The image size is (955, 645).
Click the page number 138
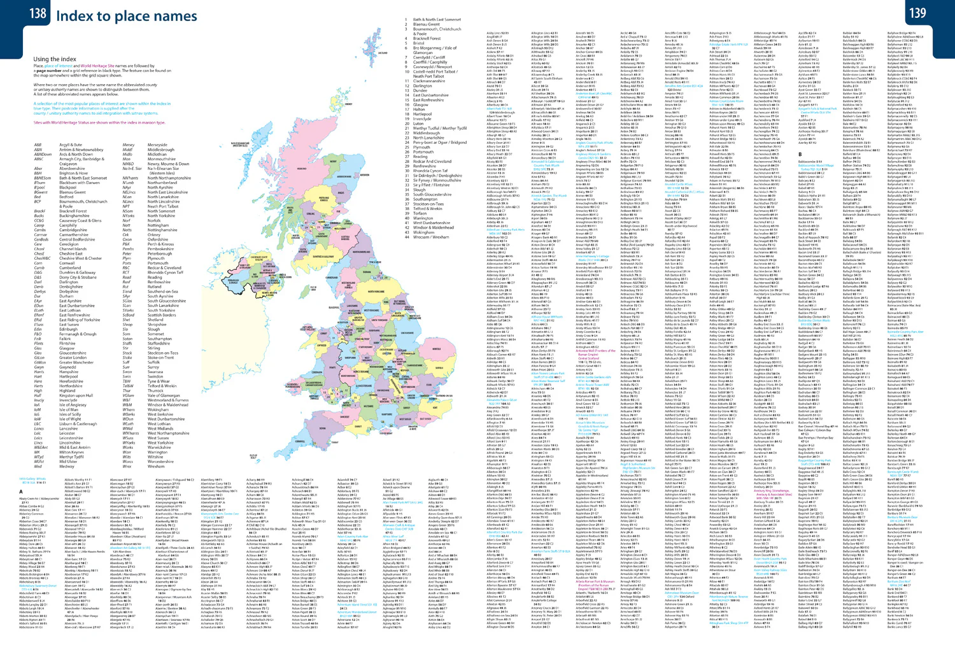pyautogui.click(x=38, y=13)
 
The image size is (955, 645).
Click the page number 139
pyautogui.click(x=917, y=13)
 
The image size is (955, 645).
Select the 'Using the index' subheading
pyautogui.click(x=55, y=59)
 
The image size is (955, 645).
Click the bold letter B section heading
pyautogui.click(x=800, y=154)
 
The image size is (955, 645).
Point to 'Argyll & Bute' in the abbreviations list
pyautogui.click(x=70, y=145)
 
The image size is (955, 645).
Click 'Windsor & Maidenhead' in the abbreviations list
pyautogui.click(x=167, y=405)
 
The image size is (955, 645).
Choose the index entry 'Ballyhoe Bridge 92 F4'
pyautogui.click(x=901, y=33)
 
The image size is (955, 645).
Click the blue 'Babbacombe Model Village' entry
pyautogui.click(x=816, y=166)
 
